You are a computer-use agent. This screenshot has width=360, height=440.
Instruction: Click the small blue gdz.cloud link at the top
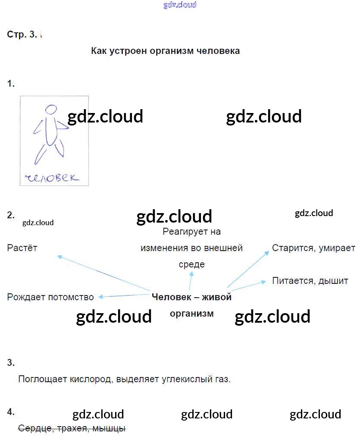point(180,5)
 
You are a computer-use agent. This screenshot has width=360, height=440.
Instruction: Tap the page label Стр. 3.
point(22,35)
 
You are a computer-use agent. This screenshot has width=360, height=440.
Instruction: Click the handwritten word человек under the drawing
point(52,177)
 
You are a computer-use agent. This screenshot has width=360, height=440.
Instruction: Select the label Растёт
point(22,248)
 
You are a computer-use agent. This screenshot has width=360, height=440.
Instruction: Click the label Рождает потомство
point(50,297)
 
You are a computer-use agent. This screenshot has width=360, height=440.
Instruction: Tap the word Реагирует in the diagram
point(182,232)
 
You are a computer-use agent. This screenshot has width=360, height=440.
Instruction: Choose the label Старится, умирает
point(313,248)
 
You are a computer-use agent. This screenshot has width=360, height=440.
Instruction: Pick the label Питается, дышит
point(310,281)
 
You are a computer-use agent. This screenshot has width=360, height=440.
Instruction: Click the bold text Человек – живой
point(191,297)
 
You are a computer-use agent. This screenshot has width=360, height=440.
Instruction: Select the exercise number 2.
point(11,215)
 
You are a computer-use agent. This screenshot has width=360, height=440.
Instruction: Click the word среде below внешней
point(191,264)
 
